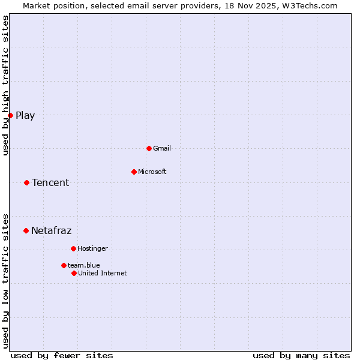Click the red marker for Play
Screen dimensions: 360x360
point(10,115)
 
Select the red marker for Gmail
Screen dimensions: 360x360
point(149,148)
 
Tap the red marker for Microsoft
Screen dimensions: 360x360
point(134,172)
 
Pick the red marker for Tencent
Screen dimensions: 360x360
point(26,182)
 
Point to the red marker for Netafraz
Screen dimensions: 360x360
point(26,230)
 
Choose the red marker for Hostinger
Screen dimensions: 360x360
point(73,248)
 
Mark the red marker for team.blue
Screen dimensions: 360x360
point(64,265)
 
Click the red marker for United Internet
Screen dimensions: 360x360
point(74,273)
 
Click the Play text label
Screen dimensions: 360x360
point(25,116)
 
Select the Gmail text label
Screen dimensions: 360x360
point(162,148)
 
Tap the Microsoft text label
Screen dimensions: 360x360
point(152,172)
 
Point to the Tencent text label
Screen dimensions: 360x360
point(50,183)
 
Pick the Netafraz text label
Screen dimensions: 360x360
point(51,231)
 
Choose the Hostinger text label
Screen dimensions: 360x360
point(92,248)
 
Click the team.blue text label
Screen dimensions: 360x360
point(84,265)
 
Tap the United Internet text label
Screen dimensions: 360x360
point(103,273)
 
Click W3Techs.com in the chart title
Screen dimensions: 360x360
point(310,5)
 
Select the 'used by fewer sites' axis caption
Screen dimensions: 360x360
point(62,355)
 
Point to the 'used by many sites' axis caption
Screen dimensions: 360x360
point(301,355)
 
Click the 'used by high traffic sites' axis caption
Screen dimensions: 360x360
point(5,85)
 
